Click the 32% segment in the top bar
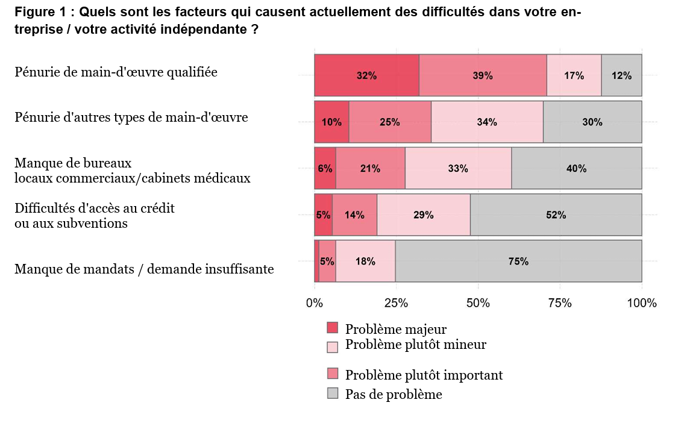[366, 75]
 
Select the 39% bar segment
[483, 75]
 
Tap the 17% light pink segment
[574, 75]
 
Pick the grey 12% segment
[621, 75]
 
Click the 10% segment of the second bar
[331, 122]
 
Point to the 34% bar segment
[487, 122]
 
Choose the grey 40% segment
[576, 168]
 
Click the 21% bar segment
[370, 168]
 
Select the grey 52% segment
[556, 215]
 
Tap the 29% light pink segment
[423, 215]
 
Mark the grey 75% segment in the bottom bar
[518, 261]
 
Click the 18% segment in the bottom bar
[365, 261]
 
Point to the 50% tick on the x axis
[478, 303]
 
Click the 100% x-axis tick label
[641, 303]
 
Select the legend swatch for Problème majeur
[333, 328]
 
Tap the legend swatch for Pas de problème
[333, 393]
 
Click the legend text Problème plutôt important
[424, 375]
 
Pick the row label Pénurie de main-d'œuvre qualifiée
[116, 72]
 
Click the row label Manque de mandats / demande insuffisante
[144, 269]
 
